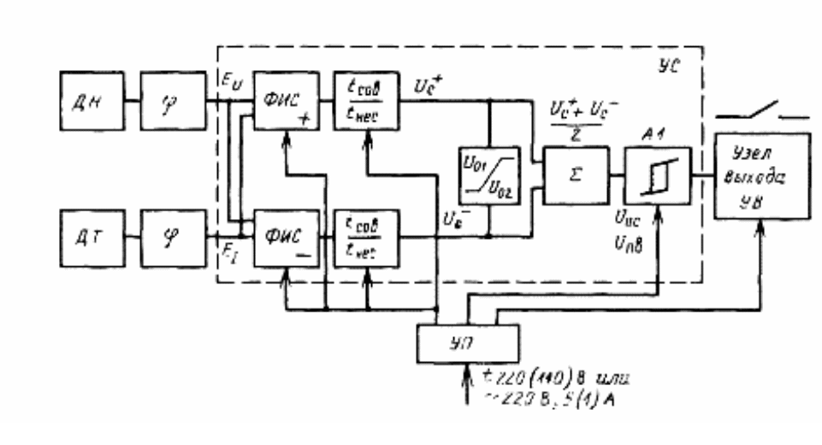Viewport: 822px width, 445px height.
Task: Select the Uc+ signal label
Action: (427, 86)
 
